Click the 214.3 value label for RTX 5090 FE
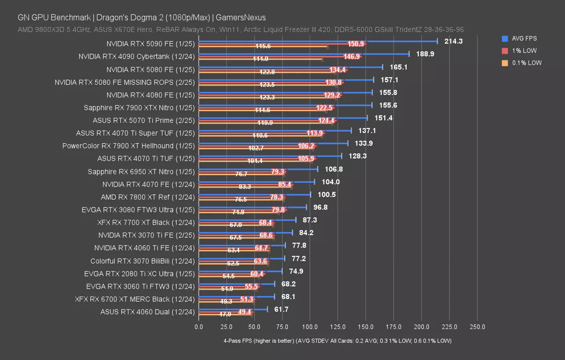point(453,41)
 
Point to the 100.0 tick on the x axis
point(310,327)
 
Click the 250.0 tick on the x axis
point(477,327)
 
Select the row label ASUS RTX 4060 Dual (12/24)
point(147,312)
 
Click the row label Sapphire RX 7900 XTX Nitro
point(139,108)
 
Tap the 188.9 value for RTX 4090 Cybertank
point(425,54)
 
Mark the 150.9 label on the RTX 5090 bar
point(355,44)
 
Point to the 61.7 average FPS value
point(281,310)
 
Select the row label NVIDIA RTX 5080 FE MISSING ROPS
point(124,82)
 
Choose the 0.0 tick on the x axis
point(199,327)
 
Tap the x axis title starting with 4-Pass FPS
point(337,341)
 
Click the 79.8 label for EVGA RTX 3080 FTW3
point(278,210)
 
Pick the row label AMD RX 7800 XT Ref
point(148,197)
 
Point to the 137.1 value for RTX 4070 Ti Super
point(367,131)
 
